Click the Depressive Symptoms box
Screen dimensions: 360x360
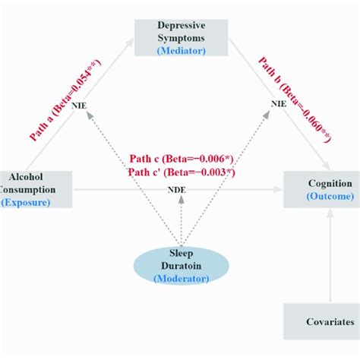(x=180, y=36)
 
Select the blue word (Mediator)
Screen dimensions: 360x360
(x=180, y=49)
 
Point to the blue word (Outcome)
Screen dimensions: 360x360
(x=330, y=197)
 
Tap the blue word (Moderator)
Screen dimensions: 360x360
(x=180, y=279)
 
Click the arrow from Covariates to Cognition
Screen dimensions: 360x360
(x=330, y=258)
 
